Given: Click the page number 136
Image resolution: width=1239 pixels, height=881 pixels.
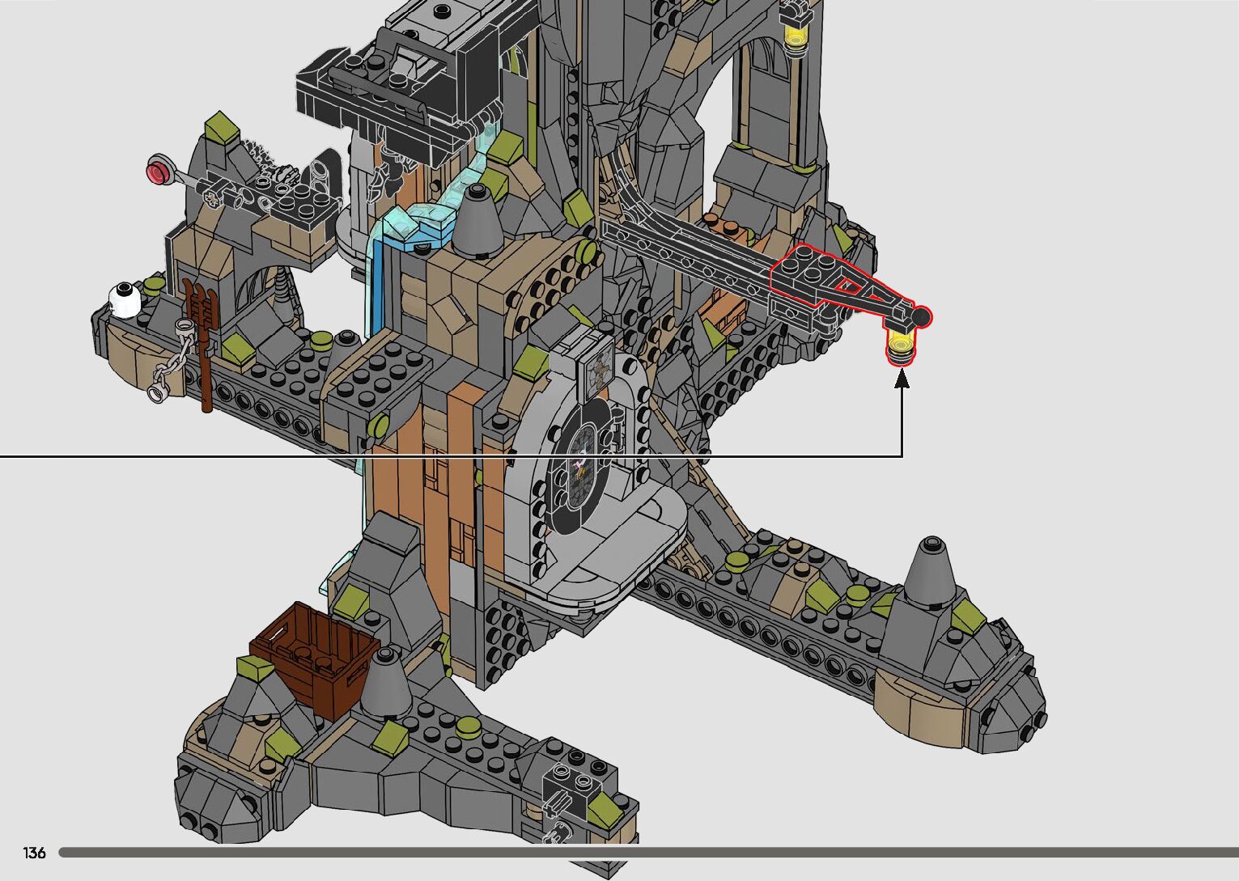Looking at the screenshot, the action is (34, 852).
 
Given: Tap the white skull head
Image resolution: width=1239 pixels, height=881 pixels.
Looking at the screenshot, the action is (125, 300).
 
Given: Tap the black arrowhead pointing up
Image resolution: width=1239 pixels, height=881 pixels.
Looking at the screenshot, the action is (902, 379).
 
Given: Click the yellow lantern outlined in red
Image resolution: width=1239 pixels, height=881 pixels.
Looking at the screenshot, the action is (901, 347).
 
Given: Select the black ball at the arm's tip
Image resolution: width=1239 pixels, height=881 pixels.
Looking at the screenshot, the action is (920, 317).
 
